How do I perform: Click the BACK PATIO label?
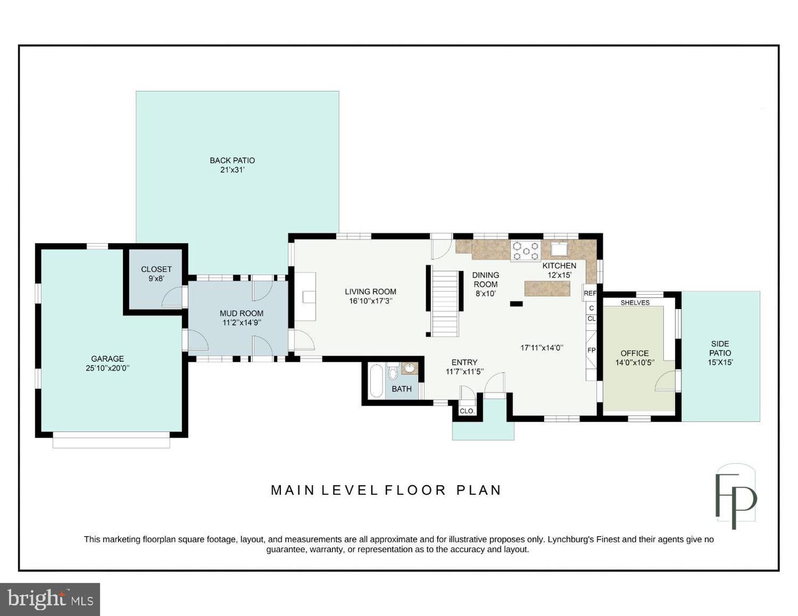(232, 161)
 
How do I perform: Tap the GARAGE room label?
(108, 358)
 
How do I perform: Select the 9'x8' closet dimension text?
(156, 279)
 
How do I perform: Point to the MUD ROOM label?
(241, 313)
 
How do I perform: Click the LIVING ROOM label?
(371, 291)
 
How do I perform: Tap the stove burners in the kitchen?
(526, 251)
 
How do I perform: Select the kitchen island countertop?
(547, 288)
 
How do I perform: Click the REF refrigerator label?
(590, 293)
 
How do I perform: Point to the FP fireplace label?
(591, 350)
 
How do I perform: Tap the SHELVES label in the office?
(635, 302)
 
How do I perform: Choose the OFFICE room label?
(635, 353)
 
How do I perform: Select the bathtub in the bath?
(376, 381)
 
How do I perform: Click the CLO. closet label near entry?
(467, 411)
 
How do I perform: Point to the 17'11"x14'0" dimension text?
(541, 347)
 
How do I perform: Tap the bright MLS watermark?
(50, 599)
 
